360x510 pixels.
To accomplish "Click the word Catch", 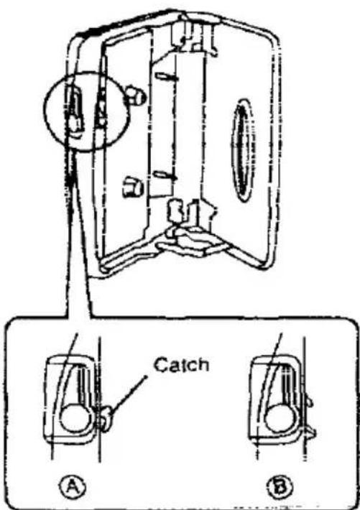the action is tap(181, 366).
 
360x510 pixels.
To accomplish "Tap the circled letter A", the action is tap(73, 486).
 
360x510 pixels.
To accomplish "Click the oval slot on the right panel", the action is tap(242, 150).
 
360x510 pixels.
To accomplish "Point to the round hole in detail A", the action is tap(75, 417).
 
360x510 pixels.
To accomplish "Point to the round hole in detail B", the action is tap(280, 417).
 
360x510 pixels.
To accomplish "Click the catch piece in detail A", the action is tap(106, 418).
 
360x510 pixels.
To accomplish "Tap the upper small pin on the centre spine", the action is tap(166, 77).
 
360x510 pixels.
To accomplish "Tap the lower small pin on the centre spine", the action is tap(165, 176).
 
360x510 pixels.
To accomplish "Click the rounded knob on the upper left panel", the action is tap(135, 95).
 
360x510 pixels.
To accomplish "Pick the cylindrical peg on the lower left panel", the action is tap(133, 187).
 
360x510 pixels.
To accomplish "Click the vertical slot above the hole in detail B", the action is tap(287, 384).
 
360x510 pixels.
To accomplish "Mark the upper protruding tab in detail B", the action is tap(309, 402).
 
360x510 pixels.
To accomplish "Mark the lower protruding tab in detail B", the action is tap(311, 432).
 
